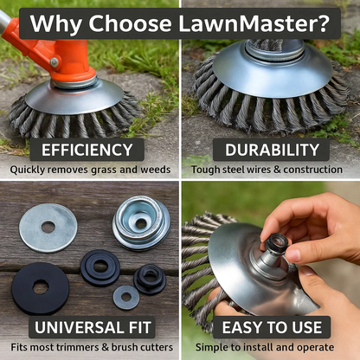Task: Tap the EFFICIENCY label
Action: (87, 150)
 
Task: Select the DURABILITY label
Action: (272, 150)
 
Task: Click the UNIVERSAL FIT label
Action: (93, 327)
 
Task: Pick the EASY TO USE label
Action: (272, 327)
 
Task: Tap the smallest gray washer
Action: (126, 297)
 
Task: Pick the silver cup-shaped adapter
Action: (141, 222)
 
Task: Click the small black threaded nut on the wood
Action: (150, 280)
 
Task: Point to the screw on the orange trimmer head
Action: (55, 62)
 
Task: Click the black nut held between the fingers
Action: (273, 243)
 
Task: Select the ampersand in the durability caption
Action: (277, 170)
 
